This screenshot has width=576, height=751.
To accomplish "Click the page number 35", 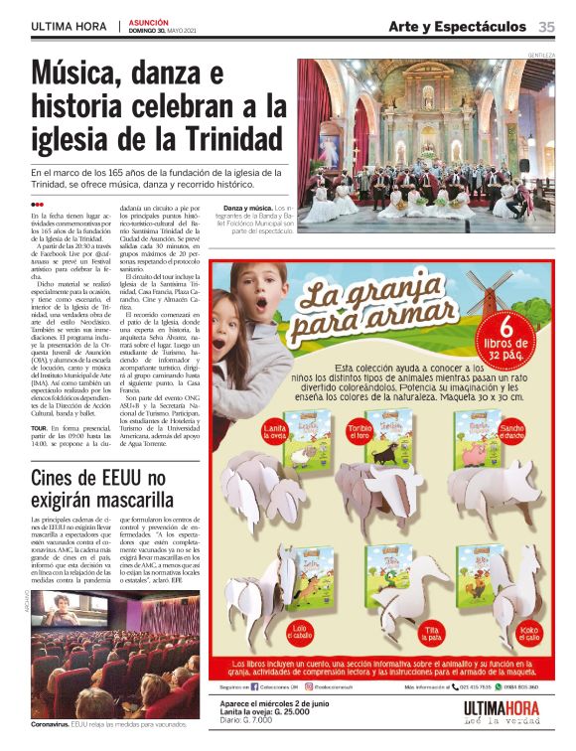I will [x=546, y=26].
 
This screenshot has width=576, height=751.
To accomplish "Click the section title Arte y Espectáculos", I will [x=458, y=26].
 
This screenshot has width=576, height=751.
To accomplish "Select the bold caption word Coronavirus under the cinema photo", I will [x=51, y=725].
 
